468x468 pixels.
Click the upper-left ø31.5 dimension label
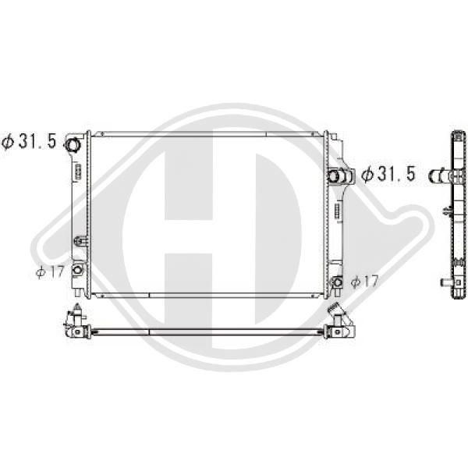tap(29, 141)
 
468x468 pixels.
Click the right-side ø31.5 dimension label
tap(388, 174)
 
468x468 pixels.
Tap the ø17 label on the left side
tap(50, 272)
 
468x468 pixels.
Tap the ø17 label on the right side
tap(364, 281)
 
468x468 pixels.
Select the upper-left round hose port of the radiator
tap(73, 145)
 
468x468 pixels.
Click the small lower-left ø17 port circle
tap(77, 270)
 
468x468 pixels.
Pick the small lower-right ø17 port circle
tap(338, 282)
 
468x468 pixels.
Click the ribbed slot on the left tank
tap(77, 172)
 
